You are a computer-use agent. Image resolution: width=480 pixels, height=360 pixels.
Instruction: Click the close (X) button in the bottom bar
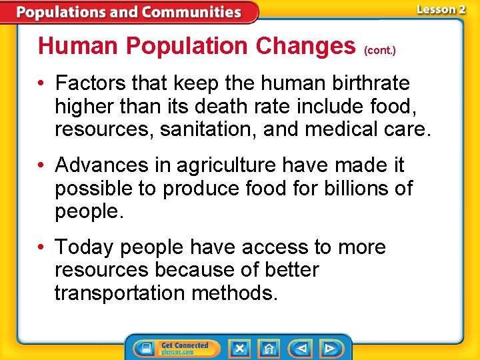[239, 348]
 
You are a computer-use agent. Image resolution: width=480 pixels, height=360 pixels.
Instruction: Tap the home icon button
[268, 348]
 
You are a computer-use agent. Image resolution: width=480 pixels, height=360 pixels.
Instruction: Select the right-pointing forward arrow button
[329, 348]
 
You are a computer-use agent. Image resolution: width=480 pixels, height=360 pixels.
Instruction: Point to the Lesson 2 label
[441, 9]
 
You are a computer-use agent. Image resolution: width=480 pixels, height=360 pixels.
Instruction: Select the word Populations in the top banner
[61, 11]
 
